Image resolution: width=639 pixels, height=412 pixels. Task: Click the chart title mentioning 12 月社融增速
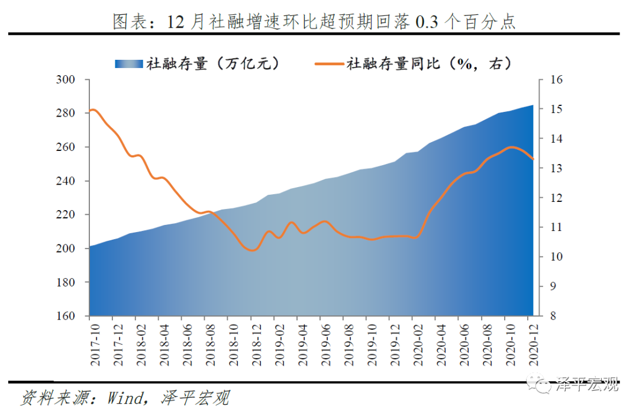(314, 22)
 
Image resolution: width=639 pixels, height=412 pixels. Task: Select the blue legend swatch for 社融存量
(129, 64)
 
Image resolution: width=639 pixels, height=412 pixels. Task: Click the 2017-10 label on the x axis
(93, 340)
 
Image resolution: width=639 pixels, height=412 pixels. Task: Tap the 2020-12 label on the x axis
(533, 340)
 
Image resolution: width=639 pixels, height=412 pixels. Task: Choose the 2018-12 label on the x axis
(254, 340)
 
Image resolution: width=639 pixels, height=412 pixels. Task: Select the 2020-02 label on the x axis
(417, 340)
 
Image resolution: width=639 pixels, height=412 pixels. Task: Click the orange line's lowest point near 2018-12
(253, 250)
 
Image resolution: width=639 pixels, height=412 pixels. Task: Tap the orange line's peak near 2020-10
(511, 147)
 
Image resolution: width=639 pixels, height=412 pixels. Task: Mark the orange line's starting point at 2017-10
(92, 110)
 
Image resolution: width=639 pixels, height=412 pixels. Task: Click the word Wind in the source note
(124, 398)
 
